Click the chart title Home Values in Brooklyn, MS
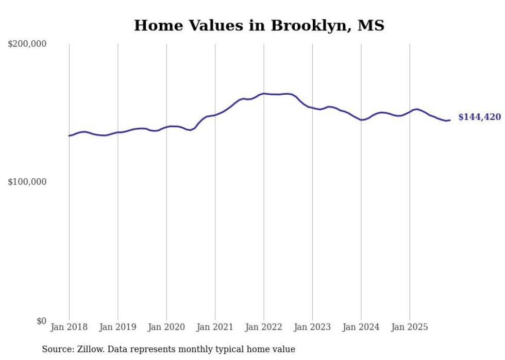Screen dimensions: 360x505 pos(259,25)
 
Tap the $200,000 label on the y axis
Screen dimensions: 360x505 pos(27,44)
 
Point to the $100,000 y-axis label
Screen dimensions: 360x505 pos(27,182)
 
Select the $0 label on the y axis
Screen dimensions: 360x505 pos(41,321)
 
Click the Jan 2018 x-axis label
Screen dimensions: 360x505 pos(69,327)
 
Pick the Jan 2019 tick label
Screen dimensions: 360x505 pos(117,327)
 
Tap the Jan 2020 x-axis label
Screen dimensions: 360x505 pos(166,327)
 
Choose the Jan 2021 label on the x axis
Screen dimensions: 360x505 pos(215,327)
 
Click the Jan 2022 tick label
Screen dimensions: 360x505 pos(264,327)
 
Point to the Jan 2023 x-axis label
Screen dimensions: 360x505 pos(312,327)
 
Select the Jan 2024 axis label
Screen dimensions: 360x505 pos(361,327)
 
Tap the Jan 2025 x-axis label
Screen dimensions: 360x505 pos(410,327)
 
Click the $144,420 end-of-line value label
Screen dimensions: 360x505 pos(479,117)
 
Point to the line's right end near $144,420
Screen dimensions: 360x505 pos(450,120)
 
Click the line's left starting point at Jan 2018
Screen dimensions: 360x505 pos(69,135)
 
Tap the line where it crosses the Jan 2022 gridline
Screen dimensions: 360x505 pos(264,93)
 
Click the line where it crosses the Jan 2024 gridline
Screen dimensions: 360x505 pos(361,119)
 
